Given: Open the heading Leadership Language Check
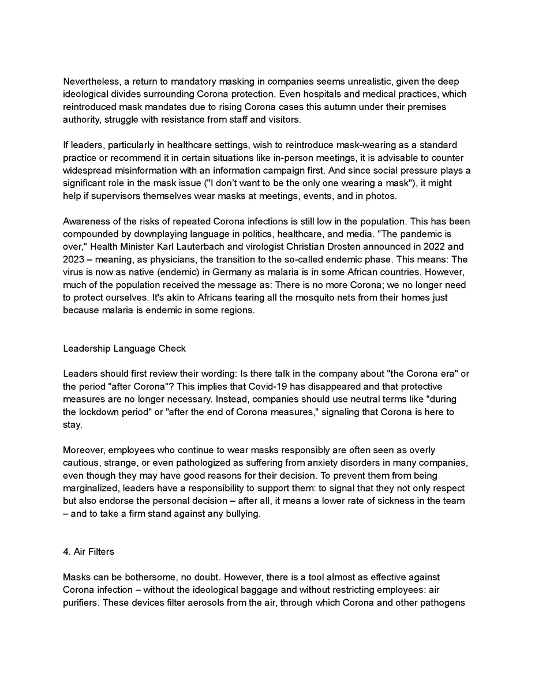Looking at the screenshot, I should click(124, 348).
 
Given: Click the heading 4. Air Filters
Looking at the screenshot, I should click(88, 551).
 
